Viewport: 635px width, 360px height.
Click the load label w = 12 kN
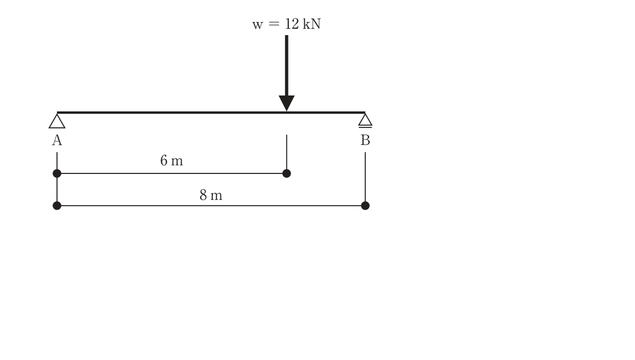286,24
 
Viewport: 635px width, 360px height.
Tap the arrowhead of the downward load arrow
286,103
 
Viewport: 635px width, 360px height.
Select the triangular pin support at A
57,121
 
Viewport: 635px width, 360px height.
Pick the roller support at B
365,120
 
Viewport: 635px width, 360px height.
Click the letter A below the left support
57,140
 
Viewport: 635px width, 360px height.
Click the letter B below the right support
365,140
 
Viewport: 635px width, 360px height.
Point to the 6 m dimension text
172,161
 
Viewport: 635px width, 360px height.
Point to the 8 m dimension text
211,195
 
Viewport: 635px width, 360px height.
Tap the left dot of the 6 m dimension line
57,173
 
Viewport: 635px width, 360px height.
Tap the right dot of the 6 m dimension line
287,173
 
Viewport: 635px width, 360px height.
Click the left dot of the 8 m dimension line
57,206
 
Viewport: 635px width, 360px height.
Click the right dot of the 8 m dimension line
365,206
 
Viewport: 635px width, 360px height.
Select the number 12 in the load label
292,24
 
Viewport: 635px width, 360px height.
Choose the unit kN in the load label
312,24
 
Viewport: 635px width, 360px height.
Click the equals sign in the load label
274,24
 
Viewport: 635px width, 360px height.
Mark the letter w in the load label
258,25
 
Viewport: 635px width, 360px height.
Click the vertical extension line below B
365,179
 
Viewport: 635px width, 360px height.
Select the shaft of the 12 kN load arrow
287,66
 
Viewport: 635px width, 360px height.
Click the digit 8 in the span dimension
203,195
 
